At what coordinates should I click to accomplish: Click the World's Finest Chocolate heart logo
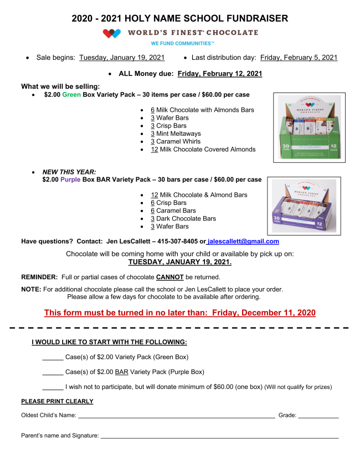(112, 33)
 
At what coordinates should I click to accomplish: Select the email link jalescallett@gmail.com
(243, 242)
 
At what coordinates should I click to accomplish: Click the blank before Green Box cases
(53, 357)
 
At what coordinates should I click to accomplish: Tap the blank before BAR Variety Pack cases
(53, 372)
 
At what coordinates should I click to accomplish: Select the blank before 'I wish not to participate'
(53, 387)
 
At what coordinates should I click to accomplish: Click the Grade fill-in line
(318, 416)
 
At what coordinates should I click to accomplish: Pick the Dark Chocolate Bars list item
(183, 218)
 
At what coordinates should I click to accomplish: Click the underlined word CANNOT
(169, 277)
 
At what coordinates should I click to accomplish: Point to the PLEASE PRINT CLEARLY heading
(57, 401)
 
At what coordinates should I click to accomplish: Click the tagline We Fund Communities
(182, 43)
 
